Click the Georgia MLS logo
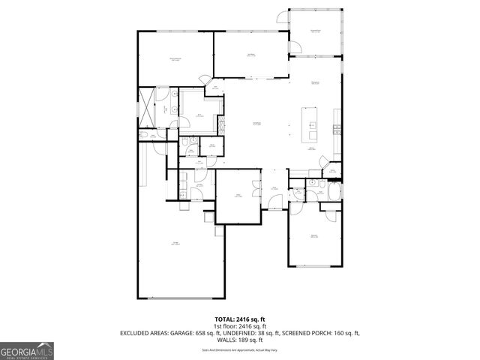(27, 350)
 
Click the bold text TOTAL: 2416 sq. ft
(240, 319)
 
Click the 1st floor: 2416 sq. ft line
(240, 325)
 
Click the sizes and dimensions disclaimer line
(240, 348)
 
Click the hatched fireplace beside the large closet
(221, 124)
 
